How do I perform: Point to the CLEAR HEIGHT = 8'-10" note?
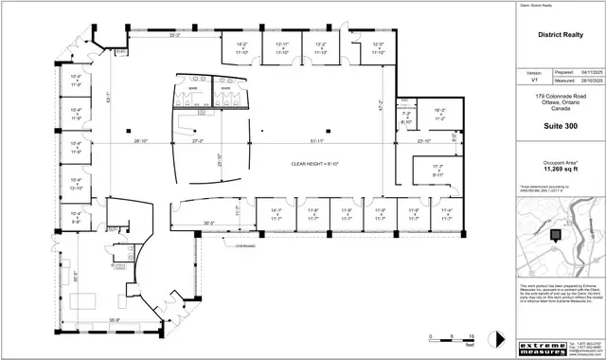click(x=314, y=164)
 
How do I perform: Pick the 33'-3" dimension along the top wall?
click(x=174, y=35)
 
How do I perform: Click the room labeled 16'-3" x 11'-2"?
click(x=439, y=114)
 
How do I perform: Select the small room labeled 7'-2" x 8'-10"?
click(x=407, y=119)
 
